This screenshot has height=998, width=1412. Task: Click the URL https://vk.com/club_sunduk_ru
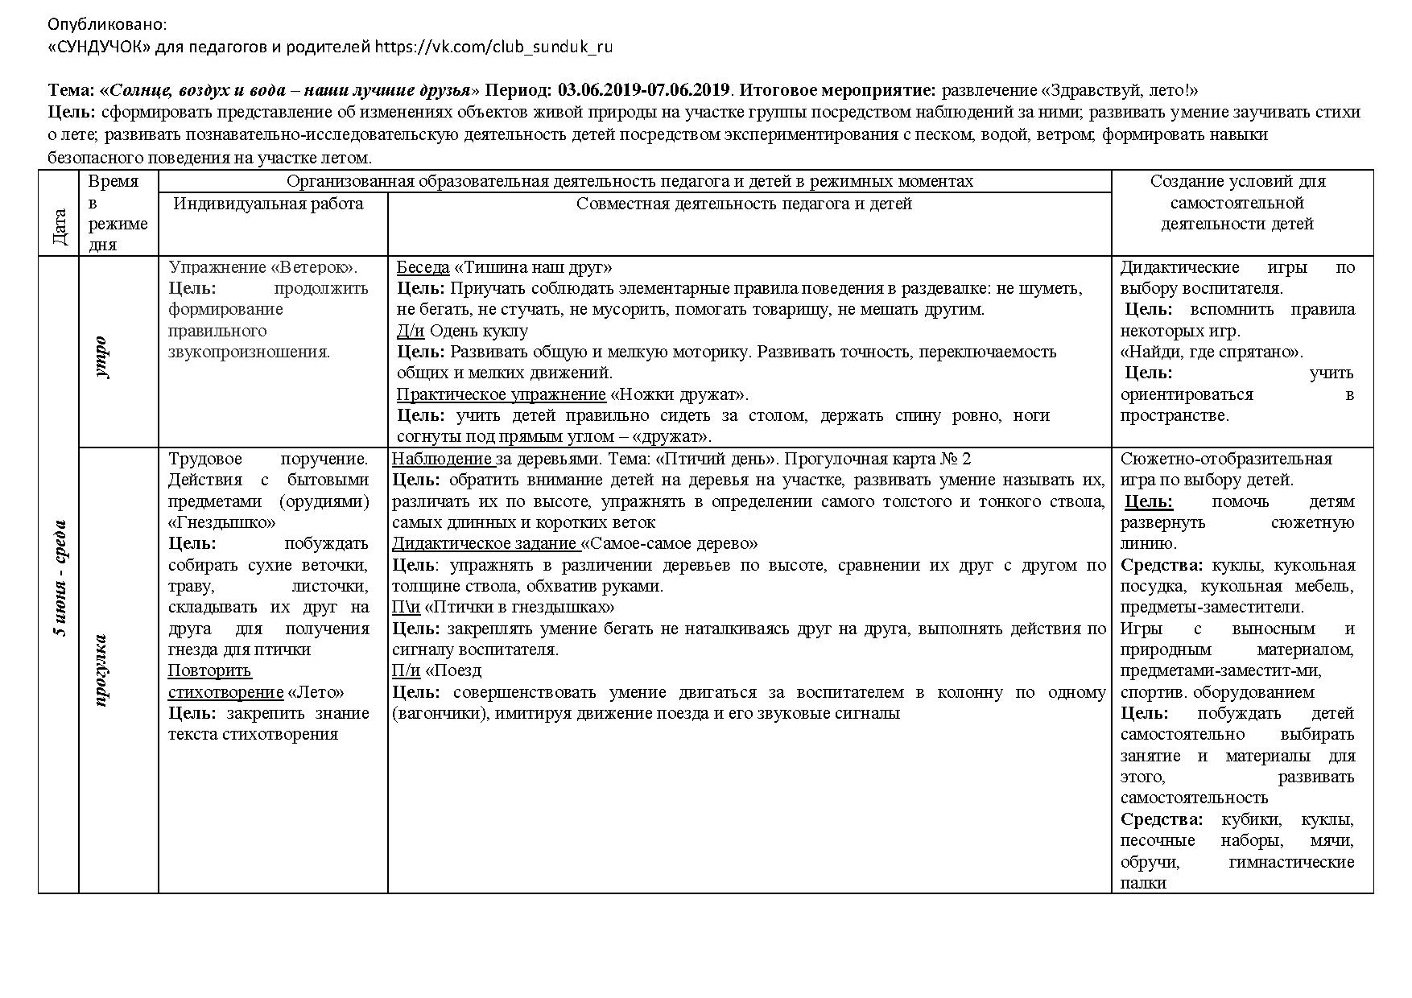point(493,47)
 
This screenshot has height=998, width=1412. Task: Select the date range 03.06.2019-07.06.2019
point(643,90)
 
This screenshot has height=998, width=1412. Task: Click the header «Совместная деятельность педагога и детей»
point(744,204)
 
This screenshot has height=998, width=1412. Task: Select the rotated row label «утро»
point(100,357)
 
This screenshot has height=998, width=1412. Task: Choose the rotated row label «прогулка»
point(100,670)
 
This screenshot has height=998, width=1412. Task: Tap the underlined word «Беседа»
point(423,267)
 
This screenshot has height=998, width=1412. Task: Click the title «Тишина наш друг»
point(533,267)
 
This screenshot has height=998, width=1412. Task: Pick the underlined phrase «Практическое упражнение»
point(501,394)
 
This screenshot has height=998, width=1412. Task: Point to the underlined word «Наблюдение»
point(441,459)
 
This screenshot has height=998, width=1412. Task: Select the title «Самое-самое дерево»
point(670,543)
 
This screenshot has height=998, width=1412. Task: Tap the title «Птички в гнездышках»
point(519,607)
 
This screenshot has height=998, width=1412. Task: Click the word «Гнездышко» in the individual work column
point(221,522)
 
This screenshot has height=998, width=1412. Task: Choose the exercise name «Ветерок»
point(316,267)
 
